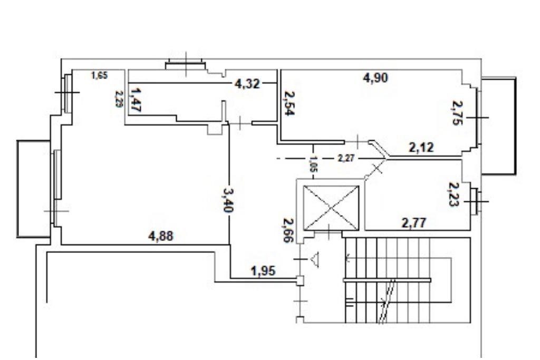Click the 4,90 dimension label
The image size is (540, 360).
pos(375,77)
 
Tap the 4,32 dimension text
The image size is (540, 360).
pos(247,83)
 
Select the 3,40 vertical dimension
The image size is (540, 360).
pos(228,200)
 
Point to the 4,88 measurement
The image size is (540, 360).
pos(160,236)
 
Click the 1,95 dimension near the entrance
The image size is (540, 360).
pos(263,271)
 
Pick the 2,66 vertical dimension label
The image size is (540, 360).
pos(288,230)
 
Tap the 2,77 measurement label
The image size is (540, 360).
pos(414,223)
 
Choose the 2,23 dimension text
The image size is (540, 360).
pos(454,194)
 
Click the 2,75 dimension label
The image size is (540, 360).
pos(457,113)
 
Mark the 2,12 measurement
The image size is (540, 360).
pos(421,148)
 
